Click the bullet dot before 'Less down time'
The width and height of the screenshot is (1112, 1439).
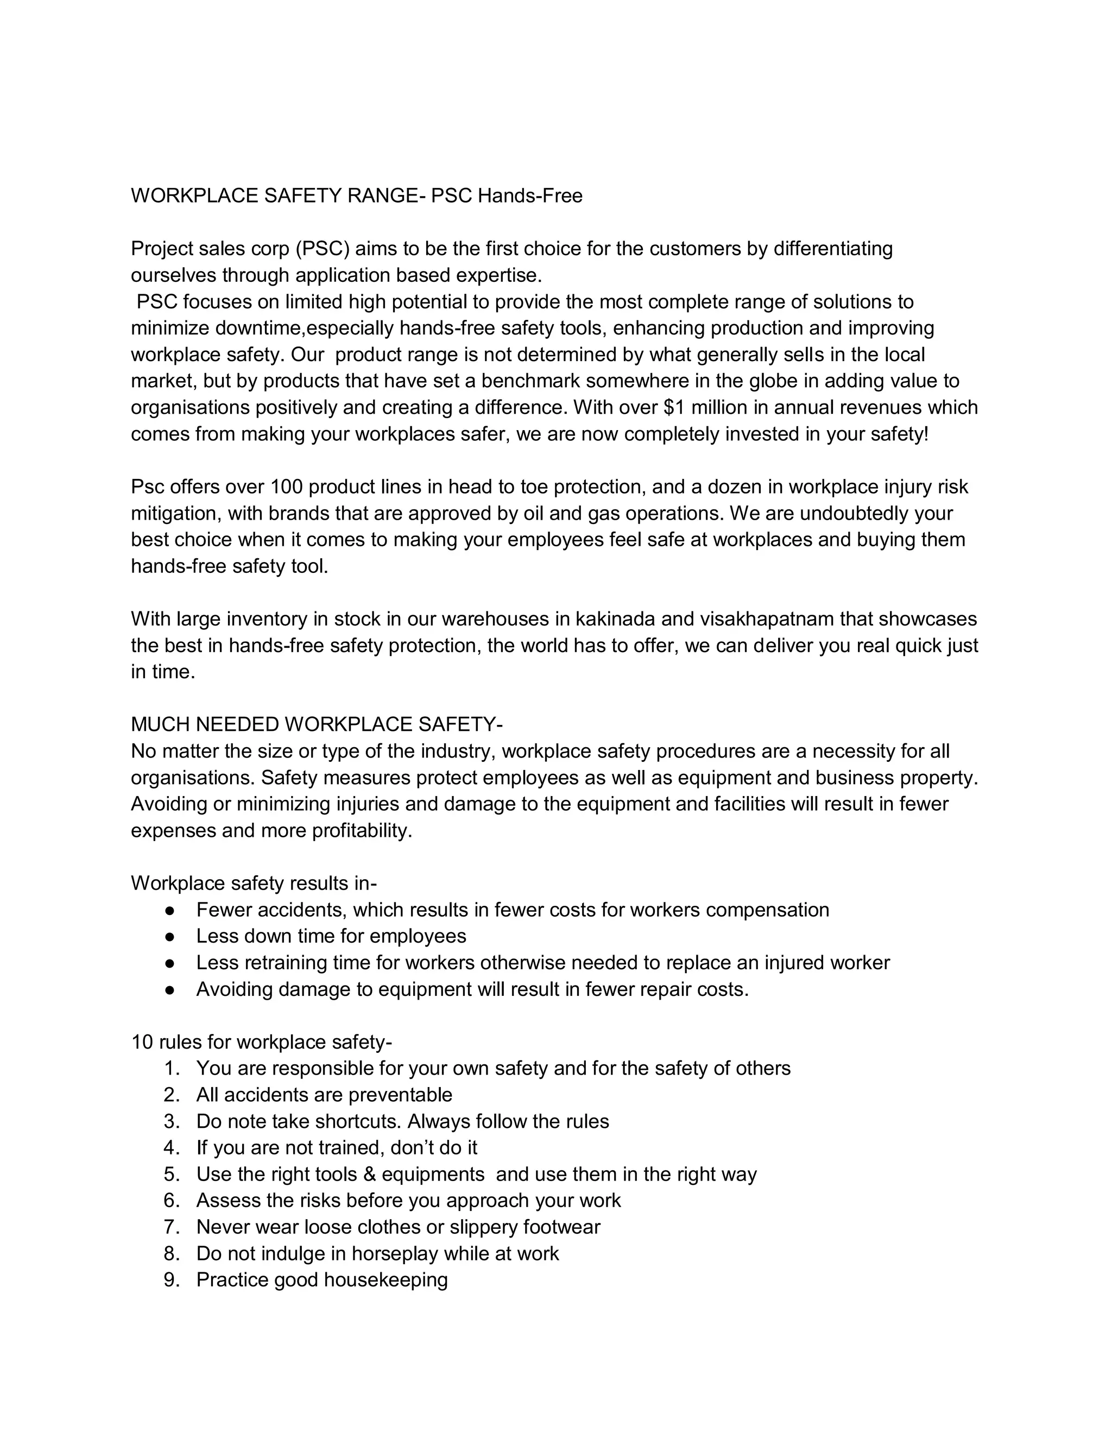(x=170, y=936)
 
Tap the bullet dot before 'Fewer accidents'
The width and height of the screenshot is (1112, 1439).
(x=170, y=910)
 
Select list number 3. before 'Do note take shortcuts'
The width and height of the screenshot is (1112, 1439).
(x=171, y=1121)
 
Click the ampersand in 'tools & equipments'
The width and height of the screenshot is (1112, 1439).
(x=369, y=1174)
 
